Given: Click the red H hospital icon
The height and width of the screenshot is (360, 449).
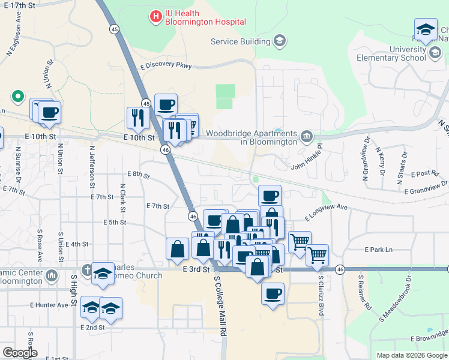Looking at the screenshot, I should coord(156,16).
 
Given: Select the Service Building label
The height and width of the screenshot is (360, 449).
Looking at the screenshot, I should coord(240,41).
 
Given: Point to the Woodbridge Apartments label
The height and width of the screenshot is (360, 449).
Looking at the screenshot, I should coord(252,137).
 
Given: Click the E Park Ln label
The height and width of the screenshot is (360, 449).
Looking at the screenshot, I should coord(378,250).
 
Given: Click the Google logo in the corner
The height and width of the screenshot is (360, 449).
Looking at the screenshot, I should coord(20,353).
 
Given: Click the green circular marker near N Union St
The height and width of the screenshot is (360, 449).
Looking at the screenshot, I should coord(18,96).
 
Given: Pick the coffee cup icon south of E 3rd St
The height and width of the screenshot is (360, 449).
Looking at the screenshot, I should coord(273,294).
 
